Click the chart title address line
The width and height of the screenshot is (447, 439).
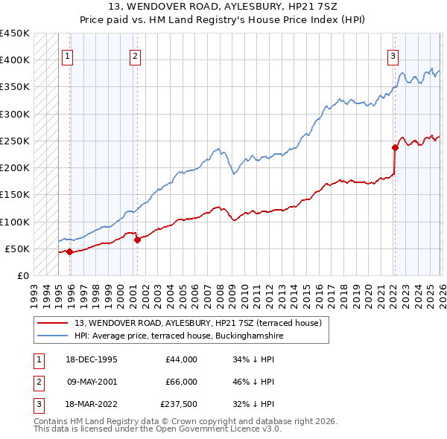tap(223, 6)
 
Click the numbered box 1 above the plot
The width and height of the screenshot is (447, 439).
tap(68, 55)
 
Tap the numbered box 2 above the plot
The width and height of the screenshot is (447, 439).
tap(135, 55)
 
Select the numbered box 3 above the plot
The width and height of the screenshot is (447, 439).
tap(393, 55)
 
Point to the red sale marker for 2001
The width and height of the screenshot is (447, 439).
tap(137, 240)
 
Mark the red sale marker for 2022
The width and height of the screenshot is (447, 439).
tap(396, 147)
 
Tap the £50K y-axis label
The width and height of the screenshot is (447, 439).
tap(18, 249)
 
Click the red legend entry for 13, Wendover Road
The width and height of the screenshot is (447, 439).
tap(197, 323)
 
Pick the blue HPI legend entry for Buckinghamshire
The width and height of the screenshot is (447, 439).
tap(179, 336)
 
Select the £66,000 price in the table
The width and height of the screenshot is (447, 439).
tap(180, 382)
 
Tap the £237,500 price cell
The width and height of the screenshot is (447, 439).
tap(178, 404)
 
